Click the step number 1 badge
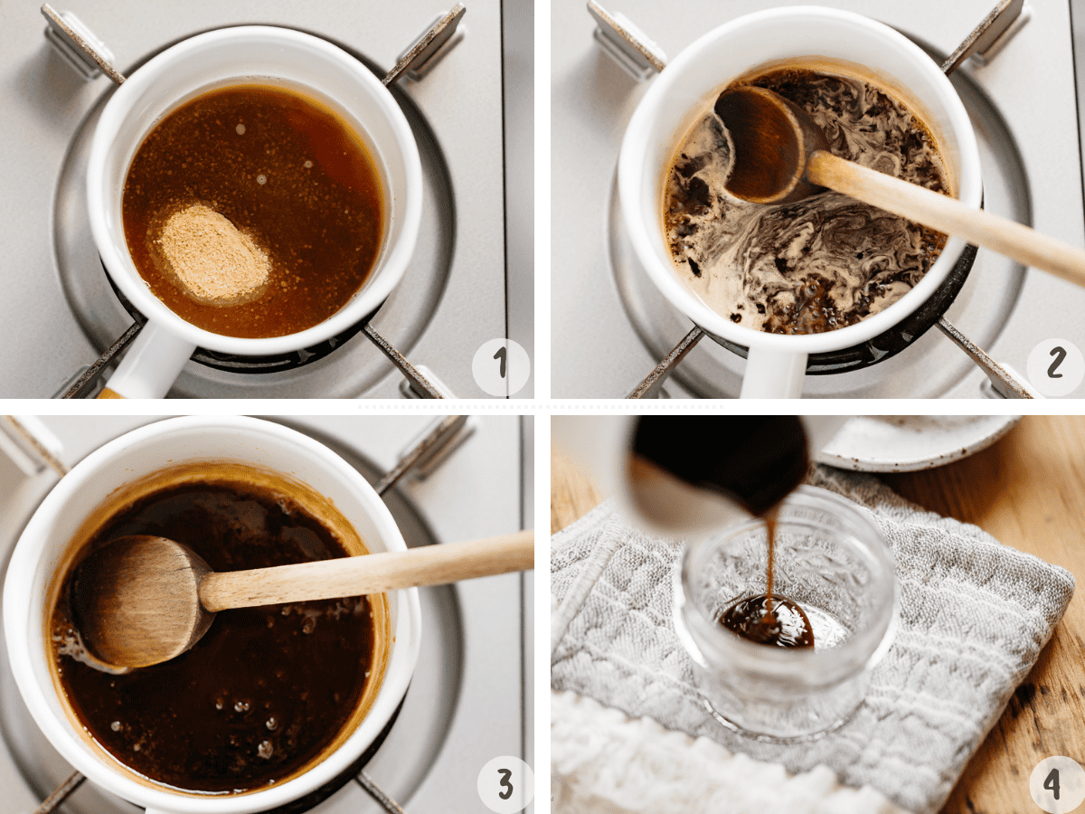(501, 367)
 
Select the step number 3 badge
(505, 783)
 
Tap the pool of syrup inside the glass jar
(767, 621)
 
